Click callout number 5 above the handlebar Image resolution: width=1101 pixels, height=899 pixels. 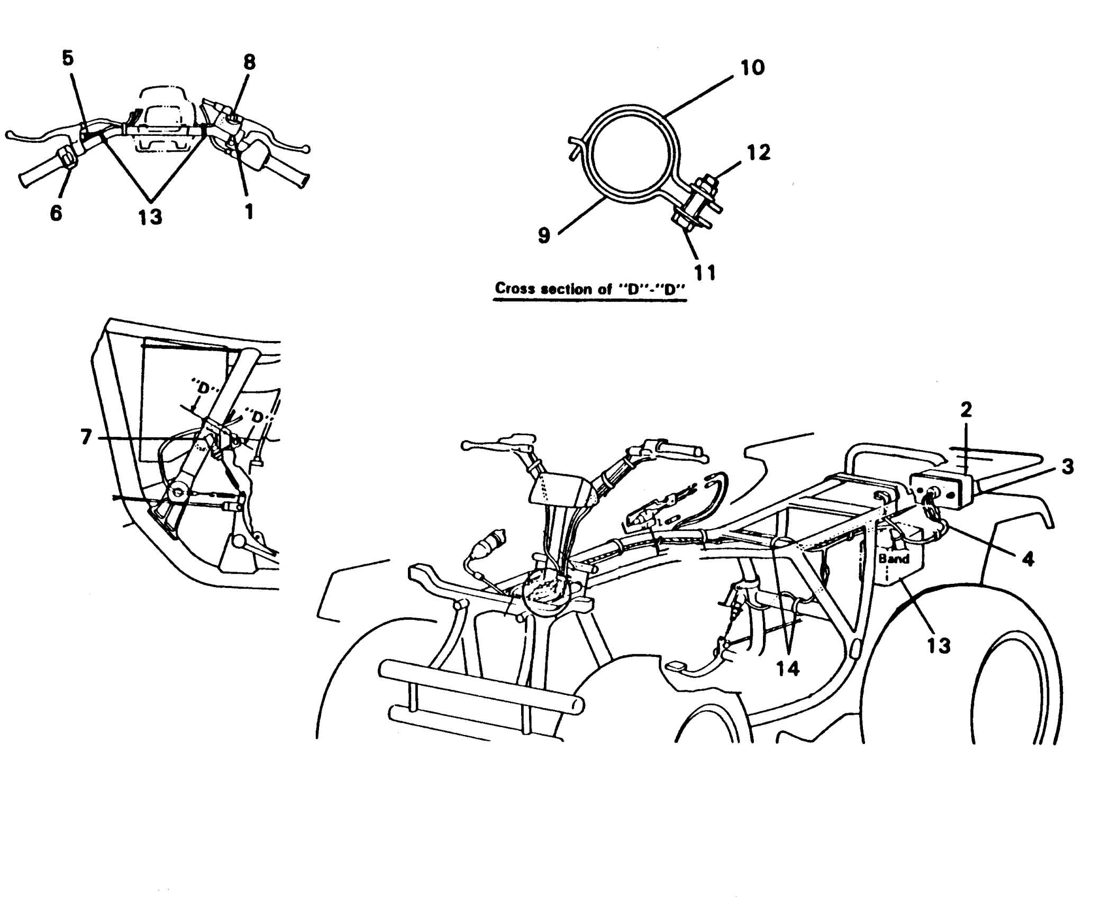coord(68,59)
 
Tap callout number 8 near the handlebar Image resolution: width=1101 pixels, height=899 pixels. coord(249,62)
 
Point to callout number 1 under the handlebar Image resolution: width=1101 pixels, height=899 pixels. coord(249,212)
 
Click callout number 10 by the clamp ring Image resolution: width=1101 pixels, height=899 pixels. coord(752,68)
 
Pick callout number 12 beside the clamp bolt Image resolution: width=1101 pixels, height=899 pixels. coord(758,153)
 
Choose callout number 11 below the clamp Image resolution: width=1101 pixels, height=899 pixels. coord(705,272)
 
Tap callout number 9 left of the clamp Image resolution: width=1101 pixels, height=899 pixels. coord(544,235)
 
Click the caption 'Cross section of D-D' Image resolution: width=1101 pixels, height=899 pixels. coord(589,289)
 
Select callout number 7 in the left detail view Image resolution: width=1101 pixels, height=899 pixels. coord(86,437)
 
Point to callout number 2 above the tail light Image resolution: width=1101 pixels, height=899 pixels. coord(966,410)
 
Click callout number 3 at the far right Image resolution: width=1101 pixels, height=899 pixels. coord(1067,467)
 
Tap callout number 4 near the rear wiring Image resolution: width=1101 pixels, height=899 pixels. coord(1027,559)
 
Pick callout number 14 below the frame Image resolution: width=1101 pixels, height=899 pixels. coord(788,668)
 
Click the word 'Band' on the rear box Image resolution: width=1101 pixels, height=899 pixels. coord(894,558)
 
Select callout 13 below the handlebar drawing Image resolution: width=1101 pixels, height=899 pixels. coord(150,216)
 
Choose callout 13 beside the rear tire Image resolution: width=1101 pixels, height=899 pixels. coord(939,646)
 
